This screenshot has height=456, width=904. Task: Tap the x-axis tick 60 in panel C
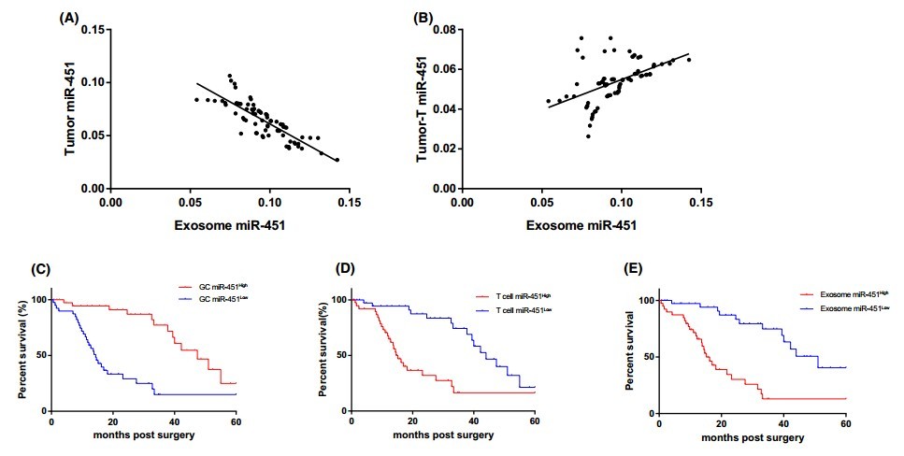coord(236,422)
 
